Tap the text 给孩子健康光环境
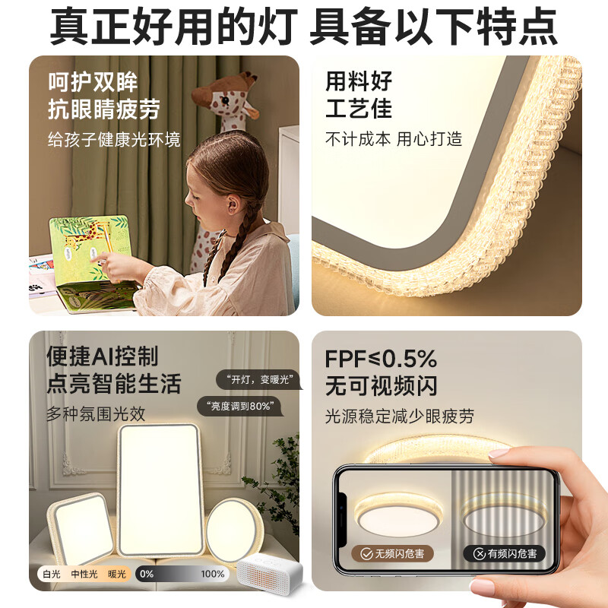pyautogui.click(x=114, y=140)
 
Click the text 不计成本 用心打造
pyautogui.click(x=394, y=139)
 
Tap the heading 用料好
pyautogui.click(x=359, y=81)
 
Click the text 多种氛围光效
pyautogui.click(x=95, y=414)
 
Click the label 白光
pyautogui.click(x=52, y=574)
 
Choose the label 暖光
pyautogui.click(x=117, y=574)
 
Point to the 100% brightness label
pyautogui.click(x=213, y=574)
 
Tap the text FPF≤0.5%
pyautogui.click(x=381, y=358)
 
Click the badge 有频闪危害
pyautogui.click(x=505, y=553)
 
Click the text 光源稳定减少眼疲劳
pyautogui.click(x=399, y=416)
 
